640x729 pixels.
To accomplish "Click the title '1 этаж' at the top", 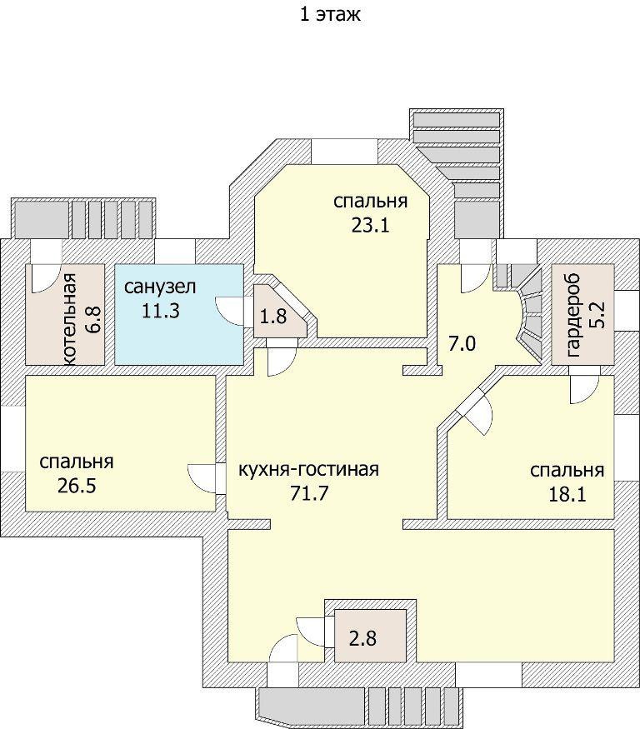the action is coord(329,14).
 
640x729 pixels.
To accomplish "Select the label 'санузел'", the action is coord(161,287).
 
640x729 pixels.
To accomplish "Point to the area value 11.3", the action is coord(158,310).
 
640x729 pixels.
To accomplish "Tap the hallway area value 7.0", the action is coord(462,342).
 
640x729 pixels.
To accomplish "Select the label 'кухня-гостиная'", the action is coord(308,469).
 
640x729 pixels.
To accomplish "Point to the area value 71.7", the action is coord(308,492).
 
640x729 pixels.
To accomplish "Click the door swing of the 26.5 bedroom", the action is coord(202,477).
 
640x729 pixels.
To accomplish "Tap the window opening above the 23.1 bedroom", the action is coord(343,149).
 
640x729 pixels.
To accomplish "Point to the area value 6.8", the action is coord(93,320).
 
